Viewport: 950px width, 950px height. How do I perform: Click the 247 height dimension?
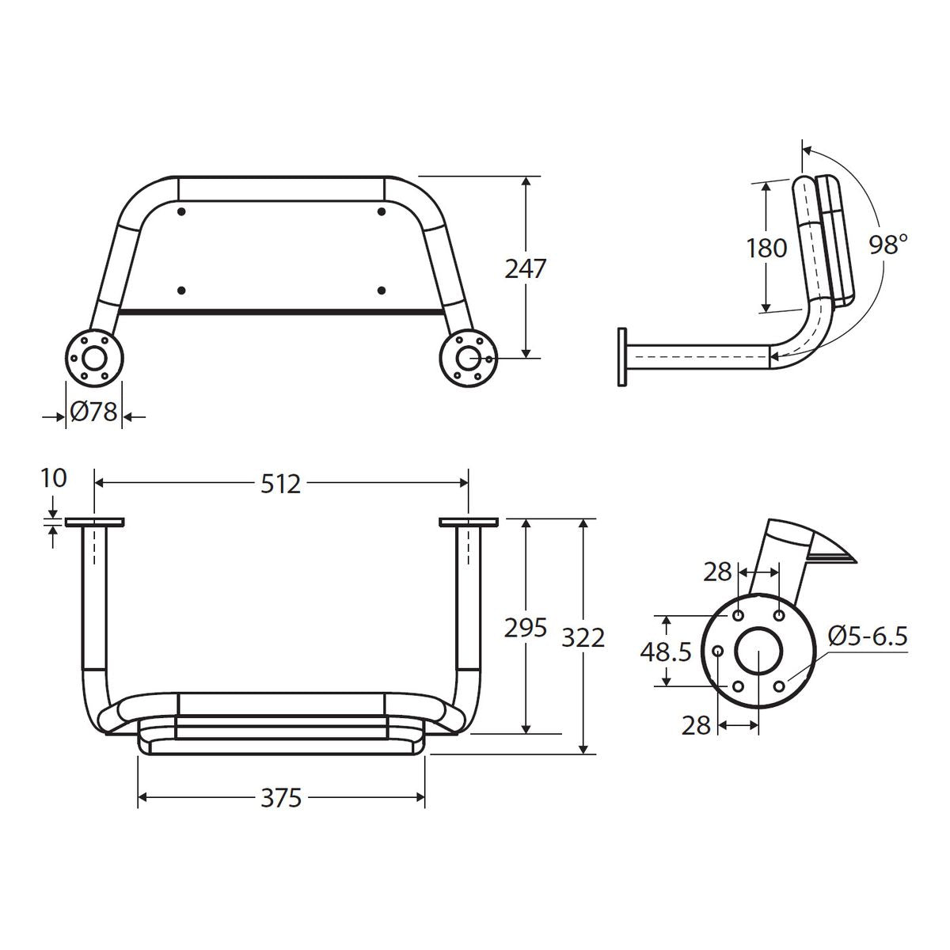click(x=526, y=268)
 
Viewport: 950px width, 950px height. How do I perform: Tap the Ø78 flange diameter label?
click(x=93, y=412)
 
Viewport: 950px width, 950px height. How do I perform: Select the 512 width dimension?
click(x=280, y=484)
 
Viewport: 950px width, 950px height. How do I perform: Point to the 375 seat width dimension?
click(x=280, y=798)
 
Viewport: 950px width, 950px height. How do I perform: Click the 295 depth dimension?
click(x=526, y=628)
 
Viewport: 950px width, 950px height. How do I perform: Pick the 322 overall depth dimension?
click(x=583, y=638)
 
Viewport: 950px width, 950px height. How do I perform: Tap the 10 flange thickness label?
click(x=53, y=477)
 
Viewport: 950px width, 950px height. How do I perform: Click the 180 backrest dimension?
click(x=766, y=248)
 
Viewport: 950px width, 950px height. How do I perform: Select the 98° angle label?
click(x=888, y=245)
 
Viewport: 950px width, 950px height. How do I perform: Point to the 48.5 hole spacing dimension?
click(x=666, y=652)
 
